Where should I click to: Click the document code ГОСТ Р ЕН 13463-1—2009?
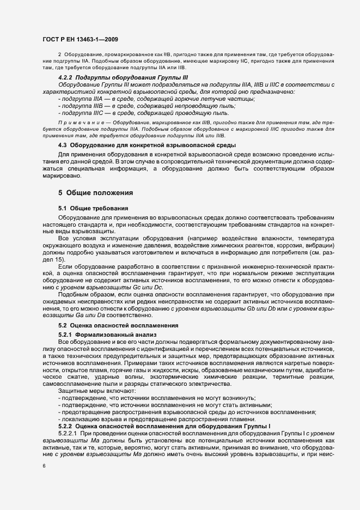(x=79, y=39)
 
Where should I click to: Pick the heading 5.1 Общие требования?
(x=93, y=209)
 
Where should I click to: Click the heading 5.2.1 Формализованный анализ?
(x=107, y=333)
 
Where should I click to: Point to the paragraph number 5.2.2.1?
(x=69, y=433)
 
